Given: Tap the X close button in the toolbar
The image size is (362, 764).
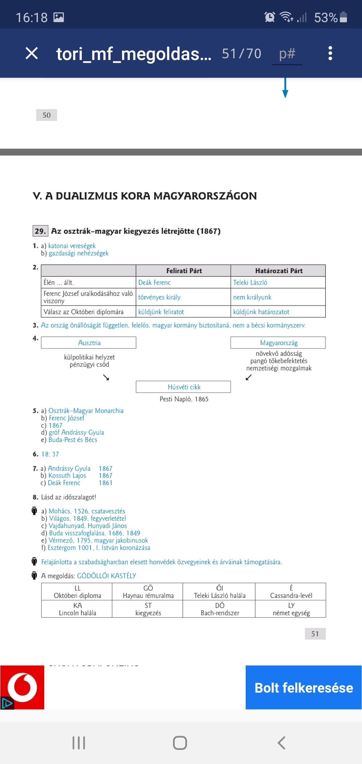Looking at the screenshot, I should click(32, 53).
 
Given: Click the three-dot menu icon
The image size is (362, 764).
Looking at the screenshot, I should click(330, 53).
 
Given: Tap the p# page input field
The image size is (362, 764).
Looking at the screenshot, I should click(287, 54).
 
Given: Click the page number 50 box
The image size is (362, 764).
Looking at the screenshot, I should click(47, 115).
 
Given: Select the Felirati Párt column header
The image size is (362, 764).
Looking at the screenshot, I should click(184, 271).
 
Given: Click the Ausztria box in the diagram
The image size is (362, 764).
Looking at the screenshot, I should click(89, 343).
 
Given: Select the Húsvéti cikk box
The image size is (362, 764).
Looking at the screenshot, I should click(184, 387).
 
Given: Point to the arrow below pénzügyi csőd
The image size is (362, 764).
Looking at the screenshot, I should click(106, 378).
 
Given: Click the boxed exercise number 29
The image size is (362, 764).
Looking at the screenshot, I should click(40, 231).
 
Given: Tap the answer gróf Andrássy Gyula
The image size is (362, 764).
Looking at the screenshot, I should click(76, 433).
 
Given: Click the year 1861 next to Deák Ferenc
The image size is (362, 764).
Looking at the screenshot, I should click(106, 483).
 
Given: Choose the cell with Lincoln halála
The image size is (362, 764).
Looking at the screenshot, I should click(77, 609).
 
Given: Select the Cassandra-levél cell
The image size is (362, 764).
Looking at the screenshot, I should click(291, 592).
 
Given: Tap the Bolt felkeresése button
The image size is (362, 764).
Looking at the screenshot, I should click(304, 688).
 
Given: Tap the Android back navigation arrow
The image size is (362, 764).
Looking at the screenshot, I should click(282, 743).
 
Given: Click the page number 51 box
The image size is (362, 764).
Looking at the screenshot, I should click(315, 634).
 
